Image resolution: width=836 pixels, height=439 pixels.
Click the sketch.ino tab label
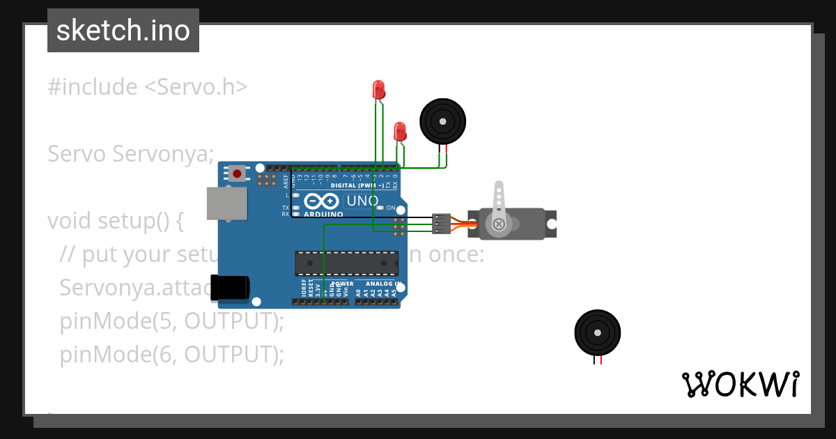click(123, 31)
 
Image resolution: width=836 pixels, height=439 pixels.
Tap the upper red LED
click(378, 89)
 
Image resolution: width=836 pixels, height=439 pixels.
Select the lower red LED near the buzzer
click(400, 131)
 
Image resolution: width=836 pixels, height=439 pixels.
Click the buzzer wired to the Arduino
click(442, 121)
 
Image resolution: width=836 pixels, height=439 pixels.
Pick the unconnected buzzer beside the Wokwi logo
click(597, 332)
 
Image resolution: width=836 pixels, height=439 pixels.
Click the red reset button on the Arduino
click(238, 173)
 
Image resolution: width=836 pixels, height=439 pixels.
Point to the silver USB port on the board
click(226, 202)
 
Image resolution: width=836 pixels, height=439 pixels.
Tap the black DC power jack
click(231, 287)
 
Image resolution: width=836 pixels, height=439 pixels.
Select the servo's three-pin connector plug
click(441, 223)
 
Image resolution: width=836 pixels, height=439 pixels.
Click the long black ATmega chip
click(346, 263)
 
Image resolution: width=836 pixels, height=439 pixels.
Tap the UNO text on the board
click(362, 201)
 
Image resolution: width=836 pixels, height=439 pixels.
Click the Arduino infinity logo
click(321, 201)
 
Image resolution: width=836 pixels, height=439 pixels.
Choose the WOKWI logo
click(740, 384)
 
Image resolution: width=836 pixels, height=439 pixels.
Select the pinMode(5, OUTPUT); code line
click(172, 321)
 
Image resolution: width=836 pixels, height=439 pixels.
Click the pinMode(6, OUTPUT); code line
click(172, 355)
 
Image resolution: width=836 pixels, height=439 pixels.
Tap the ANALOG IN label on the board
click(382, 284)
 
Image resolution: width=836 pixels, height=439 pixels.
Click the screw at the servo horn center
click(499, 224)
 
